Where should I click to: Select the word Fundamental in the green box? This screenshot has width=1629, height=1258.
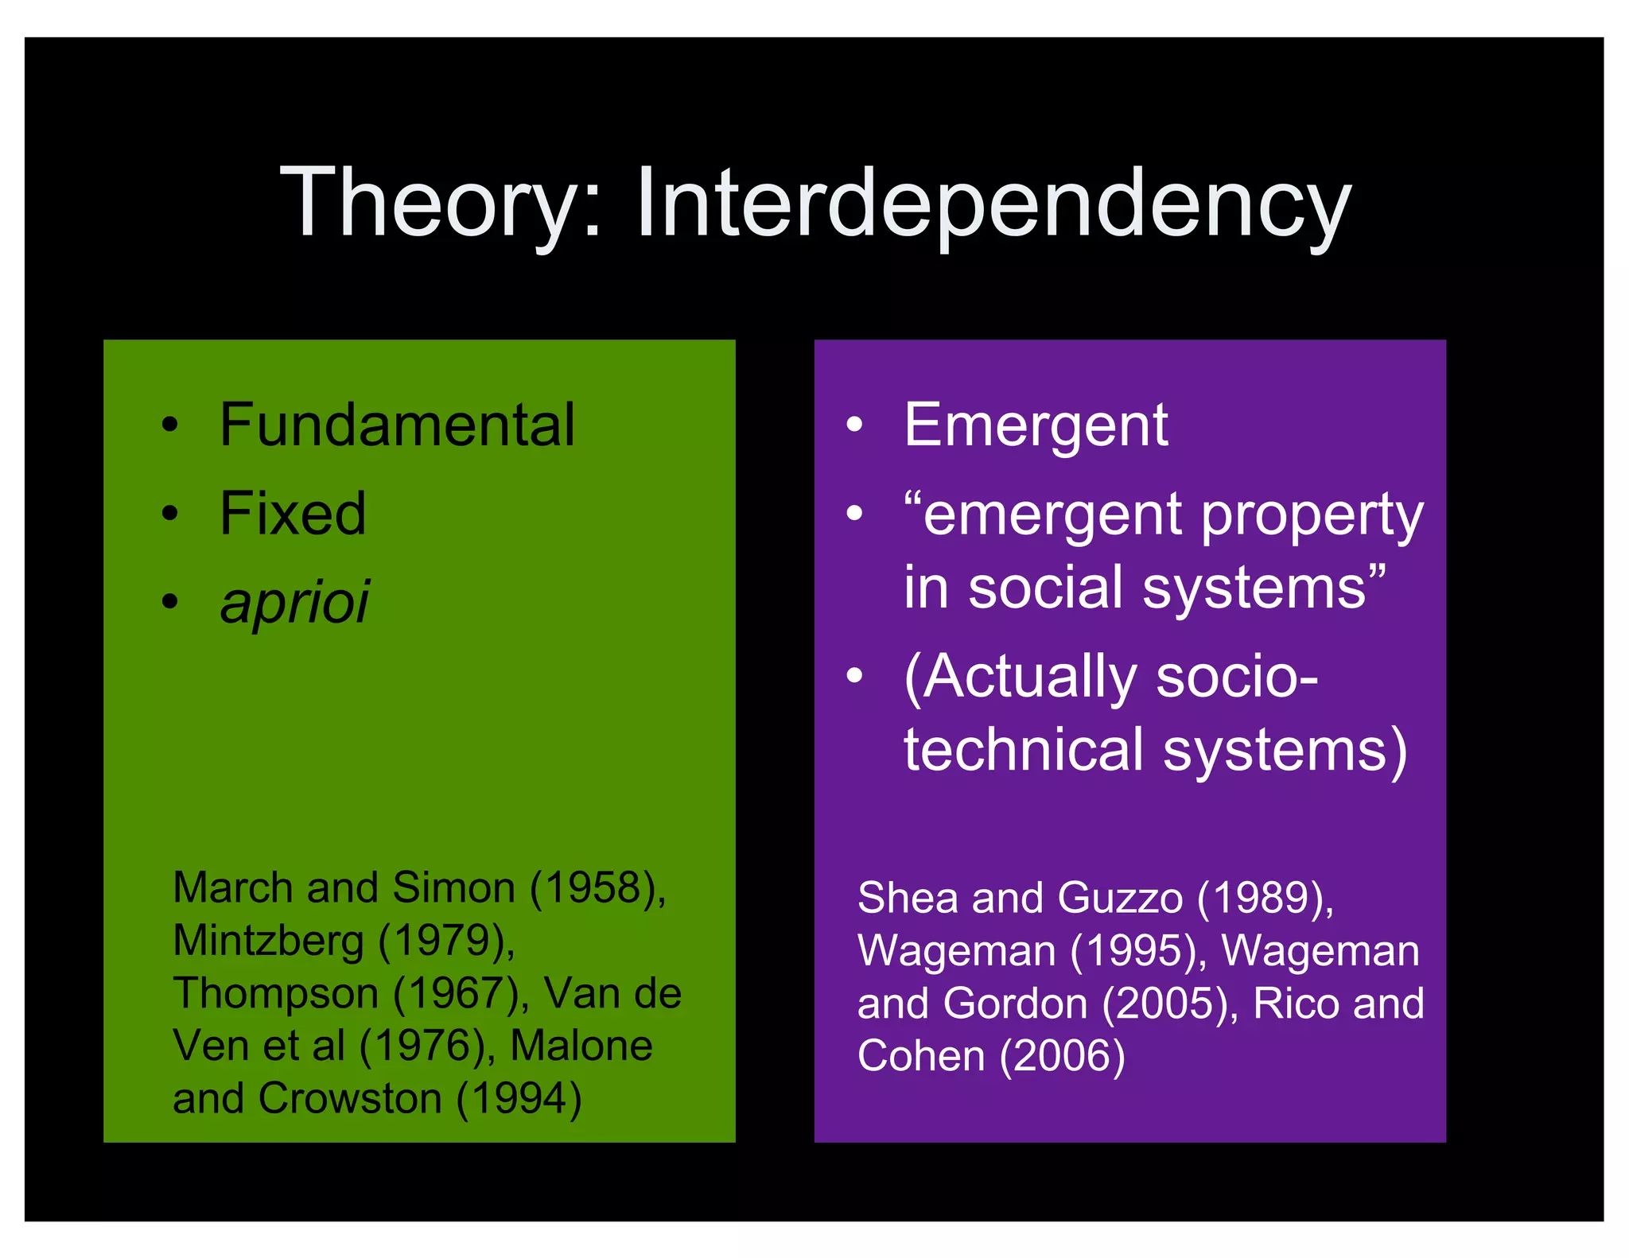[397, 425]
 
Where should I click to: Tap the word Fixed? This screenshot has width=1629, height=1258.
[293, 514]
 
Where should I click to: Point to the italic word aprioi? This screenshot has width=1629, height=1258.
[294, 602]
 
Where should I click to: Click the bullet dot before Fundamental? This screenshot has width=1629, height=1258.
[169, 425]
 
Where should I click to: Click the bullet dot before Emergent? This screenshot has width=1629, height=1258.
[854, 425]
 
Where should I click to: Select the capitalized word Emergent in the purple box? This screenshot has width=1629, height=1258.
[1036, 425]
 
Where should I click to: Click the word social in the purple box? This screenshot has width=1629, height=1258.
[1046, 588]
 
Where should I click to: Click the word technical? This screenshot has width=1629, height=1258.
[1023, 750]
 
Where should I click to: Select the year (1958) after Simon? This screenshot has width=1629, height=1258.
[597, 887]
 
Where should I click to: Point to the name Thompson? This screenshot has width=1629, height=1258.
[275, 994]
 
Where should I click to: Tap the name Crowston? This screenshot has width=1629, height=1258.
[350, 1099]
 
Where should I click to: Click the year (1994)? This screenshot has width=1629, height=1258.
[519, 1099]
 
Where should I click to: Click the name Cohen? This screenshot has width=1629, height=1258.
[921, 1057]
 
